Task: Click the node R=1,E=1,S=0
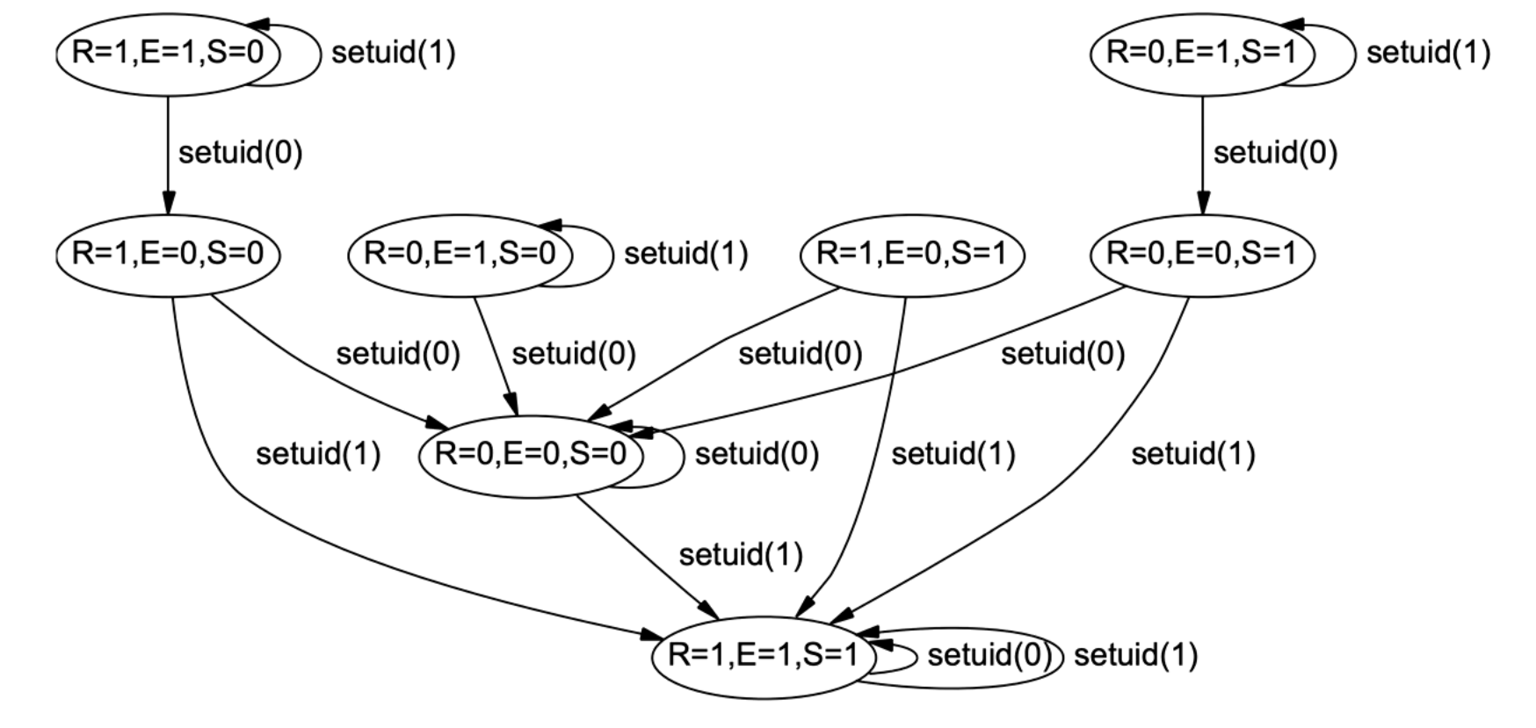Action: [168, 54]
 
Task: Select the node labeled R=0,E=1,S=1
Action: [1202, 54]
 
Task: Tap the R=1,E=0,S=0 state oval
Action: [168, 255]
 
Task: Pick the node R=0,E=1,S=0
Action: [460, 255]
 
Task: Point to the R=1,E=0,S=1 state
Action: [911, 255]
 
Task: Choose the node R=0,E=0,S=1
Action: [1202, 255]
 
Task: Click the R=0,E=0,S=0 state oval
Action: [531, 455]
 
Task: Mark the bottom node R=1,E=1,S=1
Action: [763, 656]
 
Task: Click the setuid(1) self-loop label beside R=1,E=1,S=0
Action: [394, 54]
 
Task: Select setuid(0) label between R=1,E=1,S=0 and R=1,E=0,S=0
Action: [240, 154]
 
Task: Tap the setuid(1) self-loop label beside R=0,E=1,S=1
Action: [1428, 54]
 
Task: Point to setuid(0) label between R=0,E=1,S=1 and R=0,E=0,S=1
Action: [1275, 154]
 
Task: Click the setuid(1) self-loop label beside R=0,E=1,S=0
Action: [685, 255]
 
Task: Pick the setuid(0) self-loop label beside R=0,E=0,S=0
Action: [757, 455]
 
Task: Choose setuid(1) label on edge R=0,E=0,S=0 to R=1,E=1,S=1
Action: [741, 555]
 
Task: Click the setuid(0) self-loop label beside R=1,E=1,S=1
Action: [989, 656]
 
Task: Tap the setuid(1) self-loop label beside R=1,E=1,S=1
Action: [1135, 656]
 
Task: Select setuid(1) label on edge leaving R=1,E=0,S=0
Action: [318, 455]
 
